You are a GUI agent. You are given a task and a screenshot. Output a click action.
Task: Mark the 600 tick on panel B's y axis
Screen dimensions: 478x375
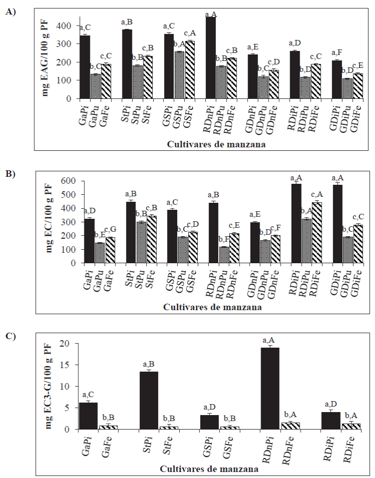tap(64, 181)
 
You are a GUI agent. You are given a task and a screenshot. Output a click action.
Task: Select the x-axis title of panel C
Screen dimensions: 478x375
tap(209, 470)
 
